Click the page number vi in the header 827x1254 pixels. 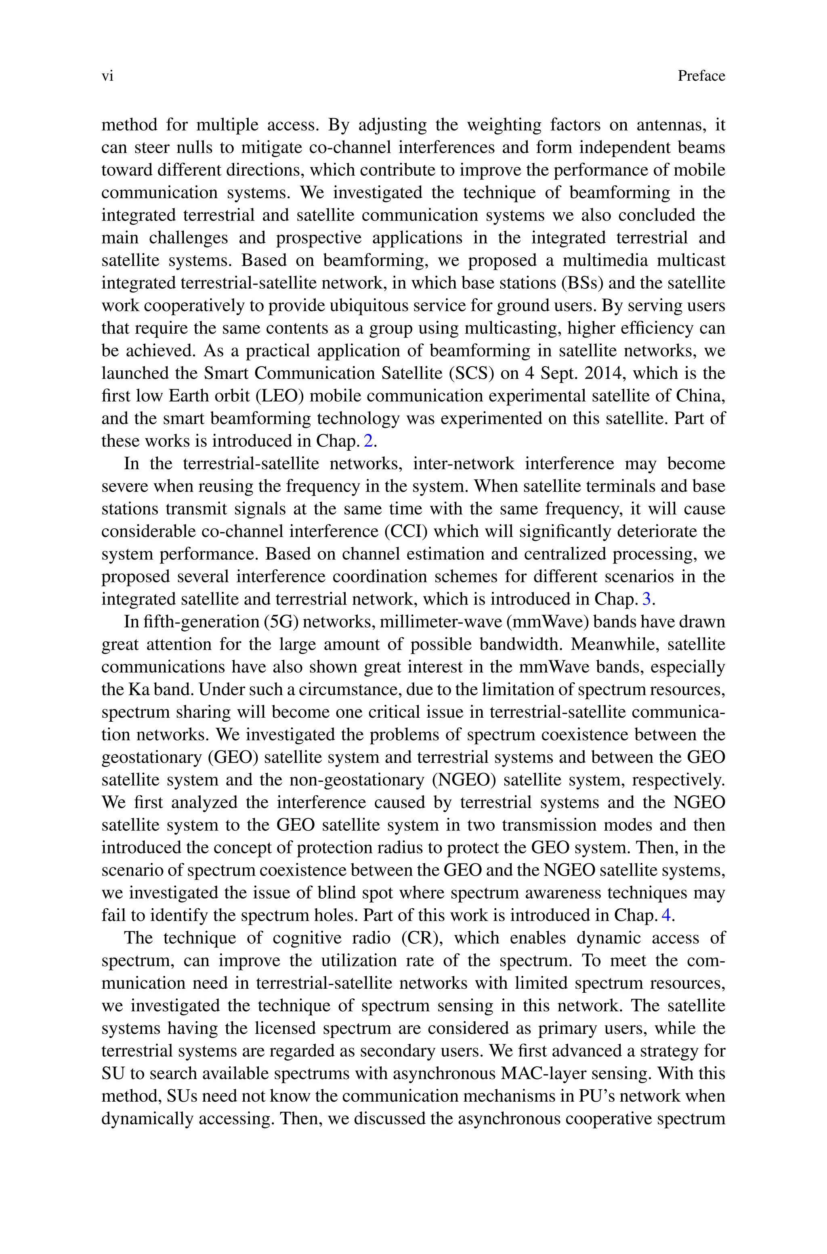tap(107, 76)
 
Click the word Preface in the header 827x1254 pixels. tap(701, 76)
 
